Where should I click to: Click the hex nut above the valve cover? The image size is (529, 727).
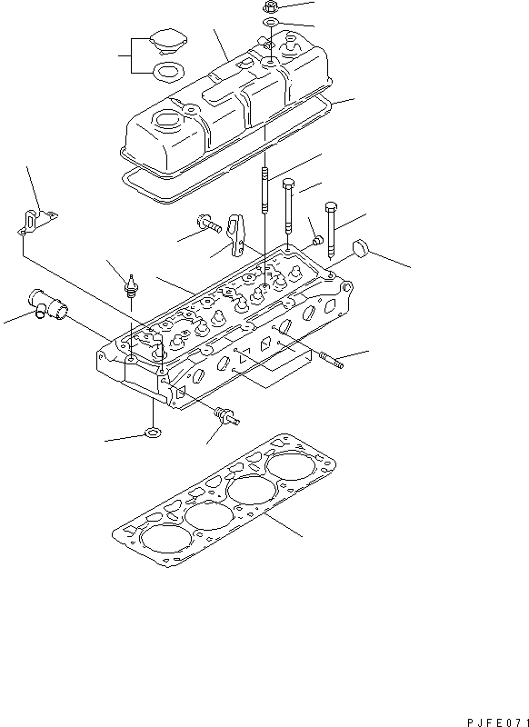click(x=270, y=7)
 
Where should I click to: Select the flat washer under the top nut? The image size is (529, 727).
click(x=270, y=22)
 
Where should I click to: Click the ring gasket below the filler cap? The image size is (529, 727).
click(x=168, y=71)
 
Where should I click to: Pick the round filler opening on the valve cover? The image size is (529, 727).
click(x=167, y=120)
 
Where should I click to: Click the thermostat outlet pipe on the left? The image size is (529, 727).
click(x=49, y=304)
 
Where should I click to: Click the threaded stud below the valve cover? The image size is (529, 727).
click(x=264, y=190)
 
